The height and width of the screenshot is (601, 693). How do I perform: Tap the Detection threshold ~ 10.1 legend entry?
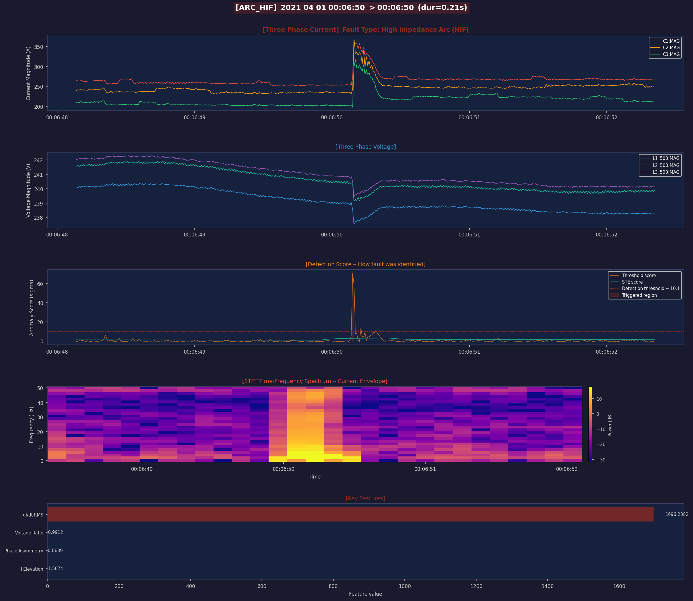point(650,288)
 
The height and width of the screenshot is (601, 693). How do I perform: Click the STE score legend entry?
point(632,282)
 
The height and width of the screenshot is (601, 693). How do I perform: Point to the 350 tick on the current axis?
point(39,47)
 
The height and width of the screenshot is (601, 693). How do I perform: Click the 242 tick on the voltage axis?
point(39,160)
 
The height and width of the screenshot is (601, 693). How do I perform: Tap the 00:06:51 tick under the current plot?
point(469,118)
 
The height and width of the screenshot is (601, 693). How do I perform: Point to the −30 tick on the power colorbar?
point(601,460)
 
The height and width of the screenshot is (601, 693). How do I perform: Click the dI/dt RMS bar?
point(350,514)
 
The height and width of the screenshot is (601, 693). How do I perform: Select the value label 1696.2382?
point(677,514)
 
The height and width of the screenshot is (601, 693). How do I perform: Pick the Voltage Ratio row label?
point(29,533)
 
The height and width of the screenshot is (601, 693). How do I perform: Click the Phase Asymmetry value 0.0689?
point(55,550)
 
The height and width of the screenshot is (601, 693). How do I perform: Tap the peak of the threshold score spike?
point(353,273)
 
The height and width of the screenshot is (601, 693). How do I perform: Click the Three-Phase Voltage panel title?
point(365,147)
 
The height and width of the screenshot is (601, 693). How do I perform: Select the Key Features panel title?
point(365,498)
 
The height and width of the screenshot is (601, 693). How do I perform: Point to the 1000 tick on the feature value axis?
point(405,586)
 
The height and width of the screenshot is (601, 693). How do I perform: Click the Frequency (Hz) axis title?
point(32,425)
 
